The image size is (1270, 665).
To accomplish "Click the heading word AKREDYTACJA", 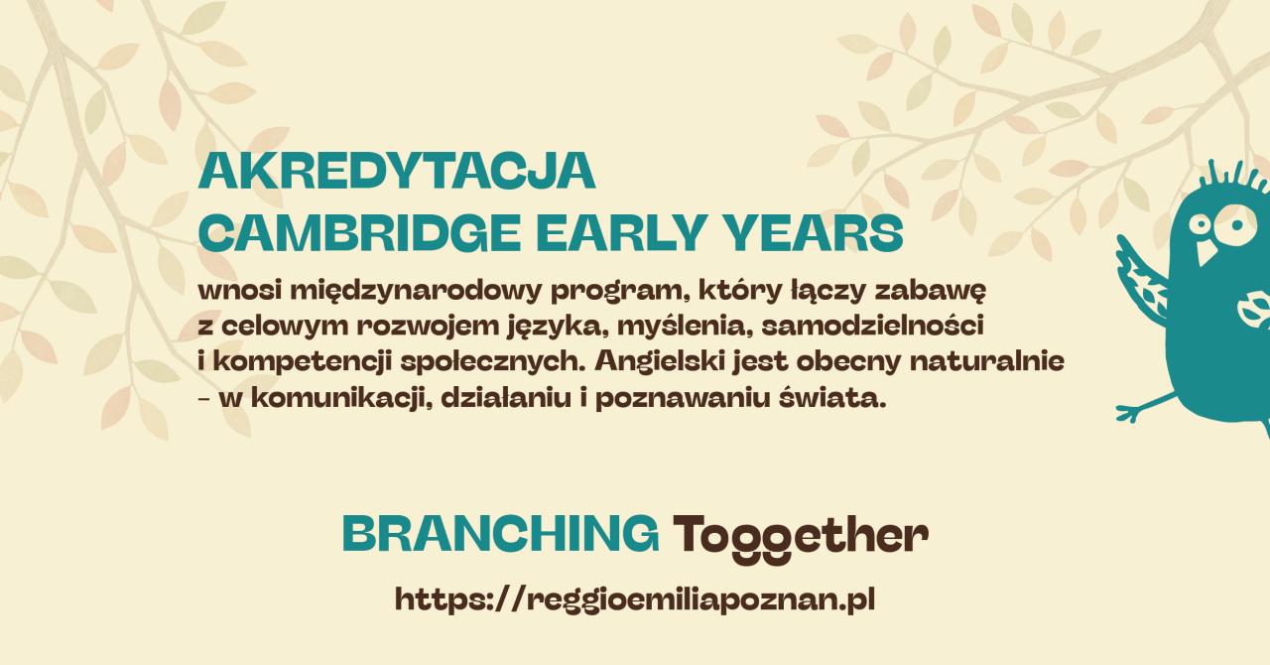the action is point(397,171).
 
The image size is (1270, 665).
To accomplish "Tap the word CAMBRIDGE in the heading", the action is point(359,233).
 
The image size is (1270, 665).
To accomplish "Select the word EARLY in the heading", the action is point(619,233).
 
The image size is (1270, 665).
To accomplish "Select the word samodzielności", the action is point(872,327).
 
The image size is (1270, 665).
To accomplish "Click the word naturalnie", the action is point(987,361).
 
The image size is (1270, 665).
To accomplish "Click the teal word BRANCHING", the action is point(501,534).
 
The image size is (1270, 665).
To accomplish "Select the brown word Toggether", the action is point(801,536).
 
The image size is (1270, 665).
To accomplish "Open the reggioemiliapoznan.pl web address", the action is point(634,599).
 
